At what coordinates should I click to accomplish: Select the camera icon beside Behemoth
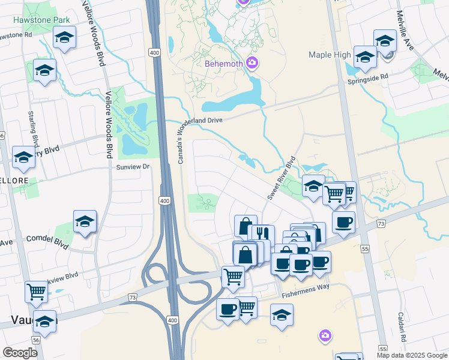coord(252,63)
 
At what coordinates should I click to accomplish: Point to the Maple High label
coord(330,55)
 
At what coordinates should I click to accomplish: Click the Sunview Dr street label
coord(133,166)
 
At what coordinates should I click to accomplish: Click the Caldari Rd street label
coord(401,327)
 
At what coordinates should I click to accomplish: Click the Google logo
coord(20,353)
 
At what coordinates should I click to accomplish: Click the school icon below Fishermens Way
coord(282,314)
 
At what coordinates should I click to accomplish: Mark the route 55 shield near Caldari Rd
coord(383,348)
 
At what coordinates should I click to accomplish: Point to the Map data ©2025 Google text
coord(412,355)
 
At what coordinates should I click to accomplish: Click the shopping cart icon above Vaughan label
coord(36,292)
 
